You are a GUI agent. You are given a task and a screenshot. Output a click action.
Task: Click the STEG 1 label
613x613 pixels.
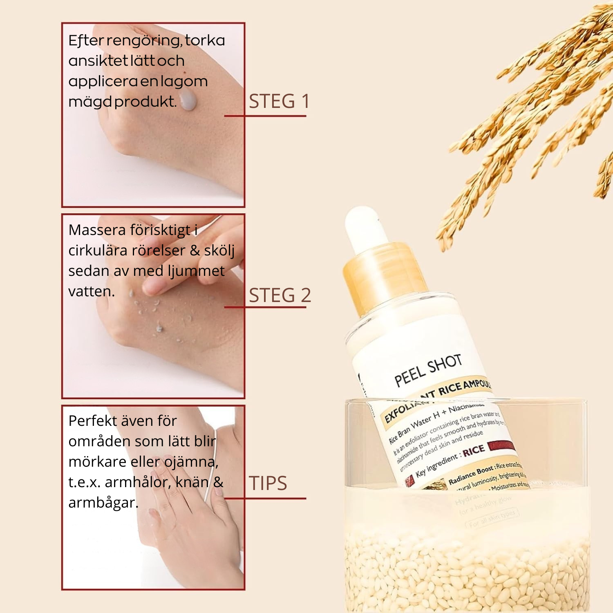coord(280,101)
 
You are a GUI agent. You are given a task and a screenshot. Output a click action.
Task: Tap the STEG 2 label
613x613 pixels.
coord(280,295)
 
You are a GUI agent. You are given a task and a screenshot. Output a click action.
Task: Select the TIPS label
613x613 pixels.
coord(268,483)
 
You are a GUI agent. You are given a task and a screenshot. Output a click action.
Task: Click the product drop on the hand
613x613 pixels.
coord(188,101)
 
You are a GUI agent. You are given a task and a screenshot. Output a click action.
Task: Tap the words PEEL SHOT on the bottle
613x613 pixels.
coord(428,370)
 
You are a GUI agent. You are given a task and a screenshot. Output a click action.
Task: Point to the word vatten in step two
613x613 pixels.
coord(91,291)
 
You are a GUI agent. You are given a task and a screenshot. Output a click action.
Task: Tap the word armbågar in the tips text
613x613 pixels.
coord(103,503)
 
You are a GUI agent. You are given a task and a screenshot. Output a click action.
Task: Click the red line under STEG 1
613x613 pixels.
coord(265,116)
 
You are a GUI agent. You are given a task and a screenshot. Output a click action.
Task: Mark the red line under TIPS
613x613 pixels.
coord(265,499)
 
